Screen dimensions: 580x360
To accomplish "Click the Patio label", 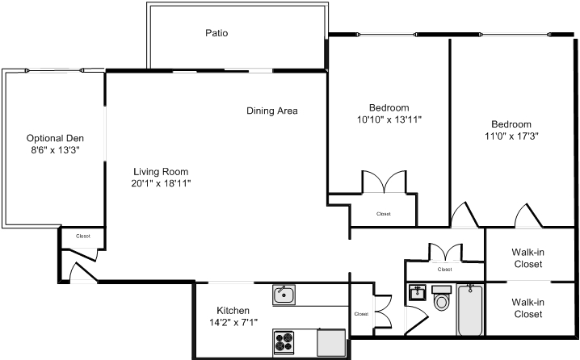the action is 216,33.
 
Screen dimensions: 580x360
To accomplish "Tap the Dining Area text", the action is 272,111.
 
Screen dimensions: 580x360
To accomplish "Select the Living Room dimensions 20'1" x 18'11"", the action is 161,183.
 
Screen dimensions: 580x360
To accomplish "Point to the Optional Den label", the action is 55,138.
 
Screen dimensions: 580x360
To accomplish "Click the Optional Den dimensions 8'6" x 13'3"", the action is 56,150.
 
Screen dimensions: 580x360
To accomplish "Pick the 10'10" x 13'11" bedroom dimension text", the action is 389,119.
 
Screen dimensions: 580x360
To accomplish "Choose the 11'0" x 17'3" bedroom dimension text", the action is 511,136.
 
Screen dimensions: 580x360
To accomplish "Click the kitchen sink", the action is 284,295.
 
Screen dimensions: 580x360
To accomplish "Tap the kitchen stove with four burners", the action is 284,342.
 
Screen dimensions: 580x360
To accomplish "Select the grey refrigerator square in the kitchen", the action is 331,342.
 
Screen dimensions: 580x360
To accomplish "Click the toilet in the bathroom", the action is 441,298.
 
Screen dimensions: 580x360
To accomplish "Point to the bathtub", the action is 470,310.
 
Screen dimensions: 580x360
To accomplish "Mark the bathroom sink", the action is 418,293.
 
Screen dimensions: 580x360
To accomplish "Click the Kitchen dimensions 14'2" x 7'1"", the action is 233,322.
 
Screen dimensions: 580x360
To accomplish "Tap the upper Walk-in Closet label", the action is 527,258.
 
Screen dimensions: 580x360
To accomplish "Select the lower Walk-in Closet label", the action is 527,308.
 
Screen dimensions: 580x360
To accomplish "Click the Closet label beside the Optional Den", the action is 83,237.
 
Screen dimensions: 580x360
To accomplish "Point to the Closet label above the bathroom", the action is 444,270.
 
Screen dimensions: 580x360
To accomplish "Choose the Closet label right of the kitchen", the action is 361,314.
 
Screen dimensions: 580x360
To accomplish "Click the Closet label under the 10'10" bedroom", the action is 384,214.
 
